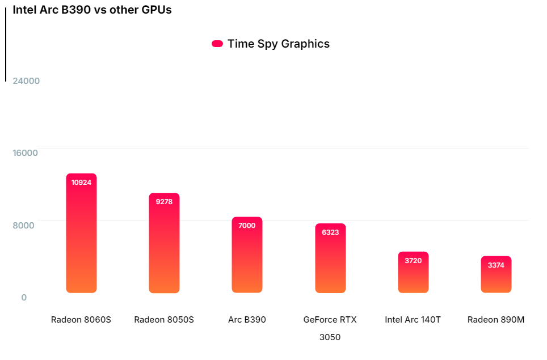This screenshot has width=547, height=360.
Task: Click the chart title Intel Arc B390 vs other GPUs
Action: (x=92, y=10)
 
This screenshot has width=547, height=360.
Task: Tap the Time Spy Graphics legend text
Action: (x=278, y=44)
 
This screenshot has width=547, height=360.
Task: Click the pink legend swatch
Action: (x=217, y=44)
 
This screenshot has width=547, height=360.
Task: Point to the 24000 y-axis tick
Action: (x=26, y=81)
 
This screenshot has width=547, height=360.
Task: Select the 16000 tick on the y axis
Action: (x=26, y=153)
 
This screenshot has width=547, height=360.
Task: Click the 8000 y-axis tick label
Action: (x=24, y=225)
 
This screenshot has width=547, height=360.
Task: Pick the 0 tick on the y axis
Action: (x=24, y=297)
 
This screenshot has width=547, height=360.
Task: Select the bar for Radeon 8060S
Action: (x=81, y=238)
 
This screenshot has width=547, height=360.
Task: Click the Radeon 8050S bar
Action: (x=164, y=247)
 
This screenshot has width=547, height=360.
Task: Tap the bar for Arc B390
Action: (x=247, y=258)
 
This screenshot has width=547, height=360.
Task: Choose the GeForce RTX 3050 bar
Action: (x=330, y=261)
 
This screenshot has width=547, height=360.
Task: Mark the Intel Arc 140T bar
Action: (x=413, y=275)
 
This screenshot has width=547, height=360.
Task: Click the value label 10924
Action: (x=81, y=182)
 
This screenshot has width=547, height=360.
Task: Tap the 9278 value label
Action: (x=164, y=201)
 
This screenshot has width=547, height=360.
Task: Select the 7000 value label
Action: (x=247, y=226)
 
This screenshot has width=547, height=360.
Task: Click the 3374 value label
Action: (x=496, y=265)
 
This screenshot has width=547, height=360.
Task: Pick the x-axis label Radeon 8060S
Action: (x=81, y=320)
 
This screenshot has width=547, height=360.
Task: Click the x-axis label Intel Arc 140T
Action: (x=413, y=320)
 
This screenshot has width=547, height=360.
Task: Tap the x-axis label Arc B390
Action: (x=247, y=320)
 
